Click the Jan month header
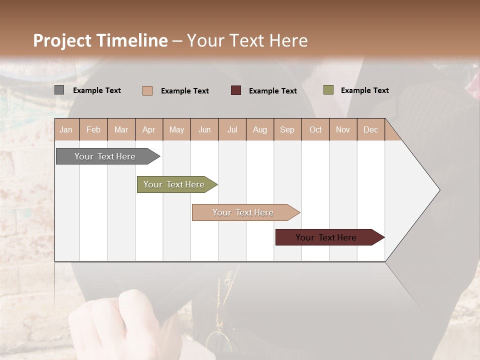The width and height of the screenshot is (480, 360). [x=66, y=129]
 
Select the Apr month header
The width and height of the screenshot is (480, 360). [x=149, y=129]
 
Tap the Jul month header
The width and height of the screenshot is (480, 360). [x=232, y=129]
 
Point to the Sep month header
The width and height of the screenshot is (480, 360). [x=287, y=129]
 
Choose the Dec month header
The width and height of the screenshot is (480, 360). [x=370, y=129]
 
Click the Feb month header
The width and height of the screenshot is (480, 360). [x=93, y=129]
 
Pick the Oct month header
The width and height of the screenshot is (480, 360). [x=315, y=129]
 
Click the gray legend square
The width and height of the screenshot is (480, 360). [x=59, y=90]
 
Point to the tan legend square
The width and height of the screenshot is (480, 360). [x=147, y=90]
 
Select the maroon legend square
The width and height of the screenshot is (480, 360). [x=236, y=90]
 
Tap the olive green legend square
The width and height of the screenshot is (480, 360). [x=328, y=90]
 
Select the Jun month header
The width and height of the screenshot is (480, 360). [x=204, y=129]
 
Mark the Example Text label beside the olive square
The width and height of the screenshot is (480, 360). [x=364, y=90]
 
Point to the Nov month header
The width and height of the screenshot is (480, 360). [x=343, y=129]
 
